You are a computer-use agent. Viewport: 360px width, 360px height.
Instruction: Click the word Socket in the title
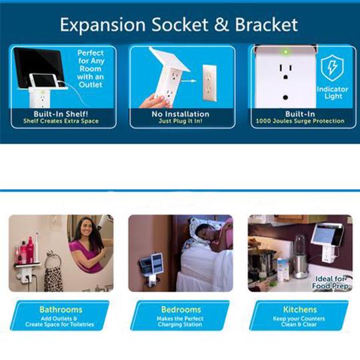[x=180, y=25]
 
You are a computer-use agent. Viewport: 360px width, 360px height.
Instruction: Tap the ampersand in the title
[x=221, y=25]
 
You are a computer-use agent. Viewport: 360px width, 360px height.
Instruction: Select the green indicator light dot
[x=286, y=52]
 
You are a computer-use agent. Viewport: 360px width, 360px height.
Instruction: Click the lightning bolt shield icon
[x=332, y=68]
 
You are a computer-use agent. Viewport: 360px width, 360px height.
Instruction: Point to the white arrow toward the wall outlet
[x=189, y=81]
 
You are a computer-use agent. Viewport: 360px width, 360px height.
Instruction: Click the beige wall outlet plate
[x=209, y=83]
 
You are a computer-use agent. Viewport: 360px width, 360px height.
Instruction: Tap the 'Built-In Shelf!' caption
[x=61, y=114]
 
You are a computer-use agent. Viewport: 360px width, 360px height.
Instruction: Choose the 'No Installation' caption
[x=181, y=114]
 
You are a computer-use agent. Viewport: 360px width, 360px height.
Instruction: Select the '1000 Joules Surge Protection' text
[x=300, y=121]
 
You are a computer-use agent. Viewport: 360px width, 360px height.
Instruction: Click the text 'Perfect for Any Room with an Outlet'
[x=91, y=69]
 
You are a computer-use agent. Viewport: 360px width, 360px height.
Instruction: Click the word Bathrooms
[x=61, y=309]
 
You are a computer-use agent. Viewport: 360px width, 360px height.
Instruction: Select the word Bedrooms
[x=181, y=309]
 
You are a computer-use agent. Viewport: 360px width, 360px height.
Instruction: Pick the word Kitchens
[x=300, y=309]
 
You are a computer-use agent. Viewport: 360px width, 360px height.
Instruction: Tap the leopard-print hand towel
[x=53, y=279]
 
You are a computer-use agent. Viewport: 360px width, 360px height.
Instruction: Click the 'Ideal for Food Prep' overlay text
[x=331, y=283]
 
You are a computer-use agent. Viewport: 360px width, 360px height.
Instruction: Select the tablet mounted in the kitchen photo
[x=325, y=233]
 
